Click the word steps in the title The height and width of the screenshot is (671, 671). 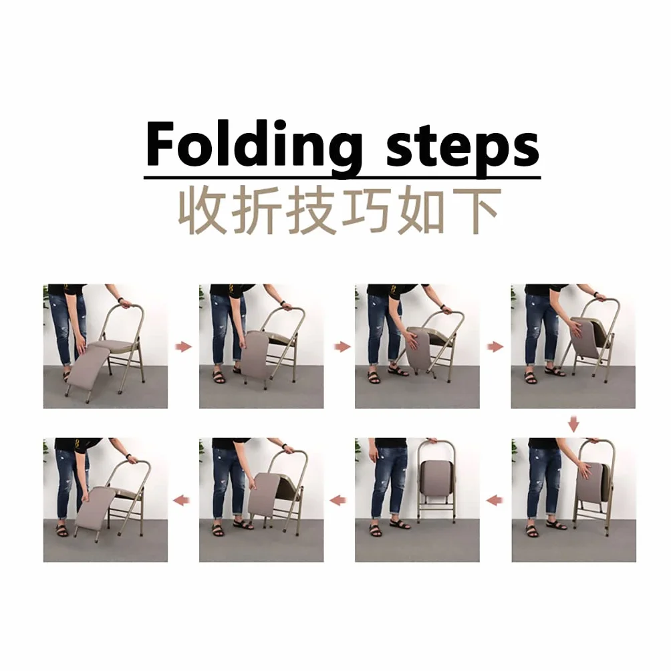tap(462, 147)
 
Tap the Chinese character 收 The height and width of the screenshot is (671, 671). tap(203, 210)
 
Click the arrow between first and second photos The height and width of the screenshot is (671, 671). tap(184, 346)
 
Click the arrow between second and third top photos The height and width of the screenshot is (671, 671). tap(342, 346)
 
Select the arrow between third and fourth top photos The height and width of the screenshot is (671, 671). tap(495, 346)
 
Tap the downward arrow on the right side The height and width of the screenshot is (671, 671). tap(573, 424)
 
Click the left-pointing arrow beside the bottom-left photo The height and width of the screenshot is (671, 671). tap(181, 499)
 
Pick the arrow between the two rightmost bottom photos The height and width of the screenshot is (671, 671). tap(495, 499)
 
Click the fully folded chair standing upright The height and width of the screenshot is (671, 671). tap(436, 481)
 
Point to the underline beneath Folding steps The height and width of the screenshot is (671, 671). tap(342, 177)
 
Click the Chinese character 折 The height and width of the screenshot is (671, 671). tap(257, 210)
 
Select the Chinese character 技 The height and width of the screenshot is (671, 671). tap(311, 210)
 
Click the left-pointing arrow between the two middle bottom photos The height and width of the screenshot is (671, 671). tap(338, 499)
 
